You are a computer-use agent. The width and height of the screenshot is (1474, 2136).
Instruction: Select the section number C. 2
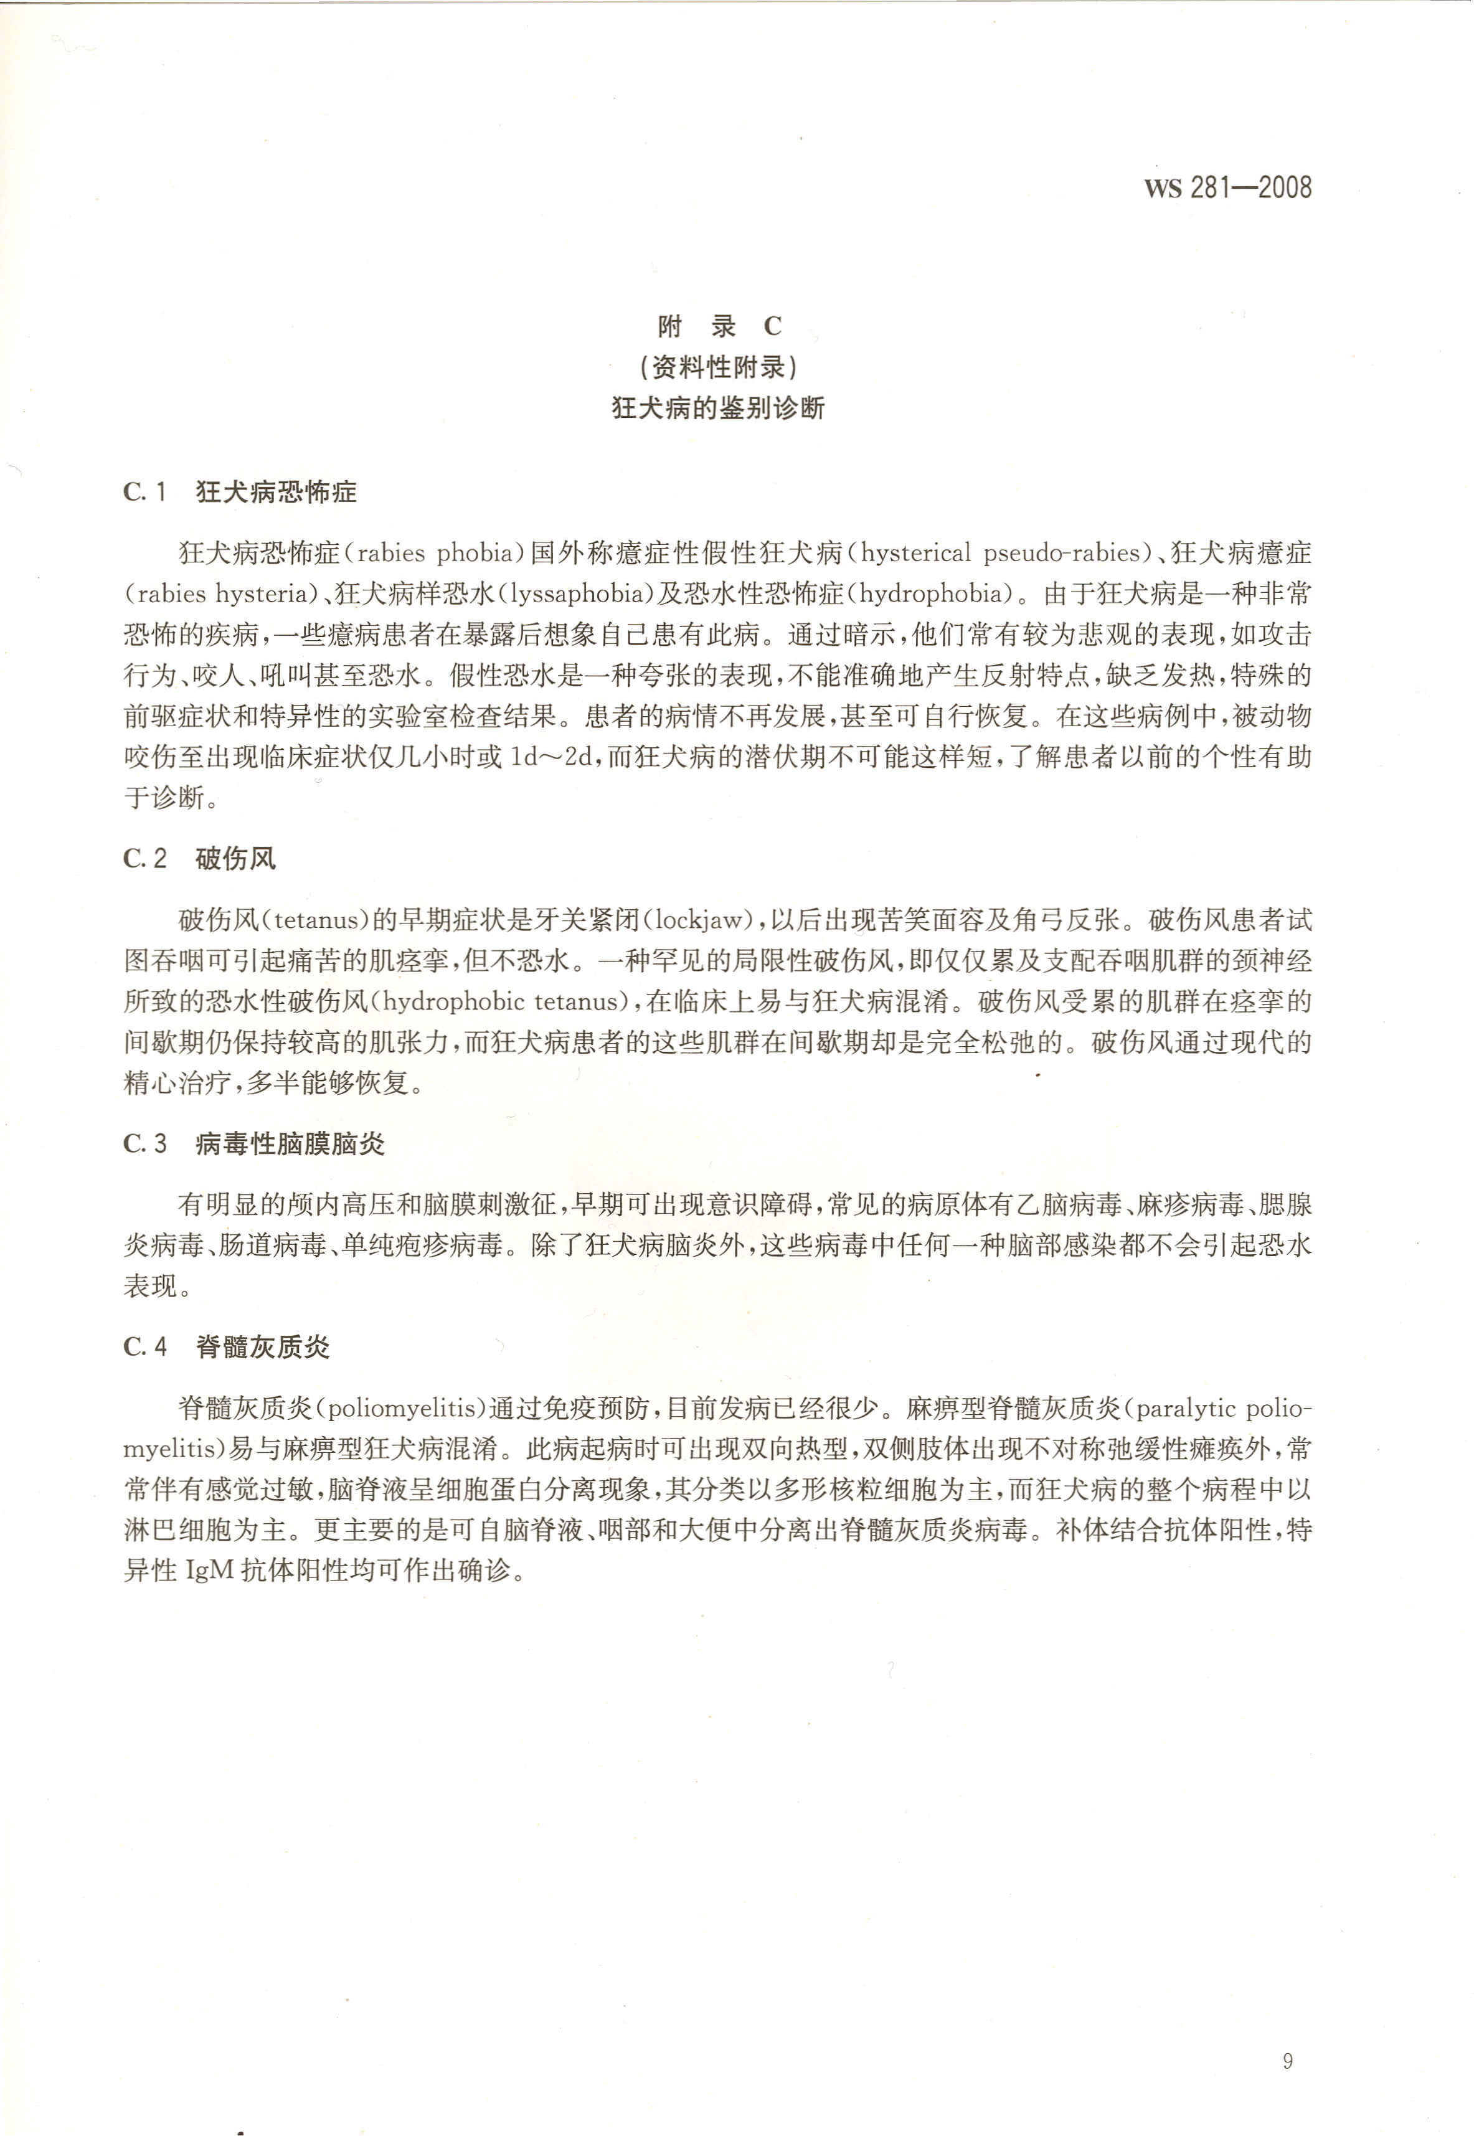click(x=145, y=859)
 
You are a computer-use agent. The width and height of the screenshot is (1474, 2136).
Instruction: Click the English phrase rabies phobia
click(x=434, y=553)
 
